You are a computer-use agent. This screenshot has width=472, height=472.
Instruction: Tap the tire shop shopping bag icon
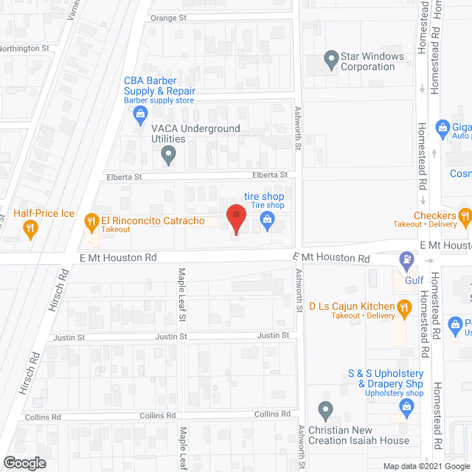pos(267,219)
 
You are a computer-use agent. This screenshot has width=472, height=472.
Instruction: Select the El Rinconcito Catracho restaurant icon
pos(91,221)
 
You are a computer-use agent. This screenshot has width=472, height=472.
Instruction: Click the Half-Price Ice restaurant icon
pos(29,229)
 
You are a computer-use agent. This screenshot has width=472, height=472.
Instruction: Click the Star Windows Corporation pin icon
pos(330,58)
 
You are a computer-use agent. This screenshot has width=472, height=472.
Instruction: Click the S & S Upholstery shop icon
pos(405,406)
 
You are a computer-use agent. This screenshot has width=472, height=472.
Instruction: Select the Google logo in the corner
pos(24,463)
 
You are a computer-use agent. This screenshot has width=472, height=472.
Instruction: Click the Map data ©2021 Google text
pos(426,466)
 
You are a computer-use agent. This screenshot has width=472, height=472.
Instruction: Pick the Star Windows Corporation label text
pos(372,61)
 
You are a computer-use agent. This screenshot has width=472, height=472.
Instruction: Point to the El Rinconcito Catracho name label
pos(153,221)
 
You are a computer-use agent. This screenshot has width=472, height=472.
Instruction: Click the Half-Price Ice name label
pos(44,214)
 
